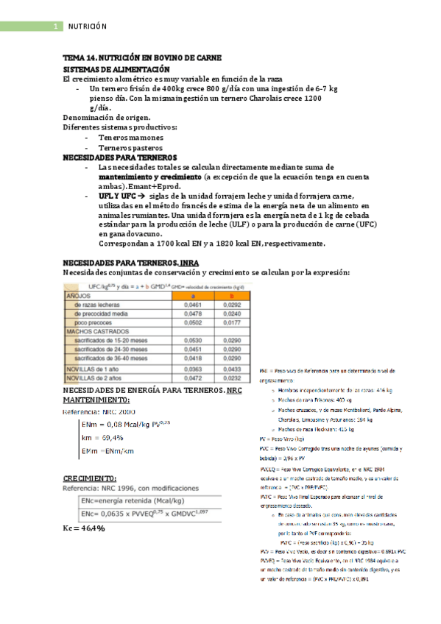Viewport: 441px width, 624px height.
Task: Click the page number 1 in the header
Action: (56, 26)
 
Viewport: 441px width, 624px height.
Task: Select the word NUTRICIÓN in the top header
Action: (88, 26)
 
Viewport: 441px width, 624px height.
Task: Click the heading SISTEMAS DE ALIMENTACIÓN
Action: (116, 68)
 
